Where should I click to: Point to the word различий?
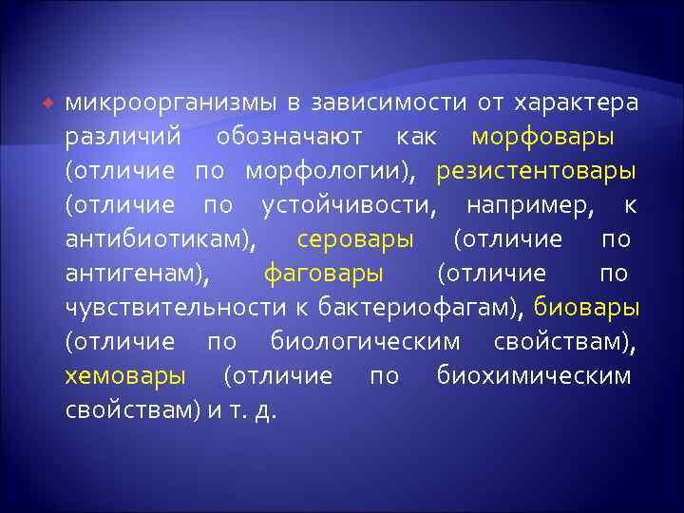coord(123,136)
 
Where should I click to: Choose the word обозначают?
coord(290,136)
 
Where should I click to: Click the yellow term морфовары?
coord(542,136)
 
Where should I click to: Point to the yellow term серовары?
coord(355,239)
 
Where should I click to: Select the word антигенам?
coord(138,274)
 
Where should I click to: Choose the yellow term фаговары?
coord(324,274)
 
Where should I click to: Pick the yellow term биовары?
coord(586,308)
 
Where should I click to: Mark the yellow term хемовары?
coord(125,376)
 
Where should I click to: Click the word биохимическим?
coord(534,376)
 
